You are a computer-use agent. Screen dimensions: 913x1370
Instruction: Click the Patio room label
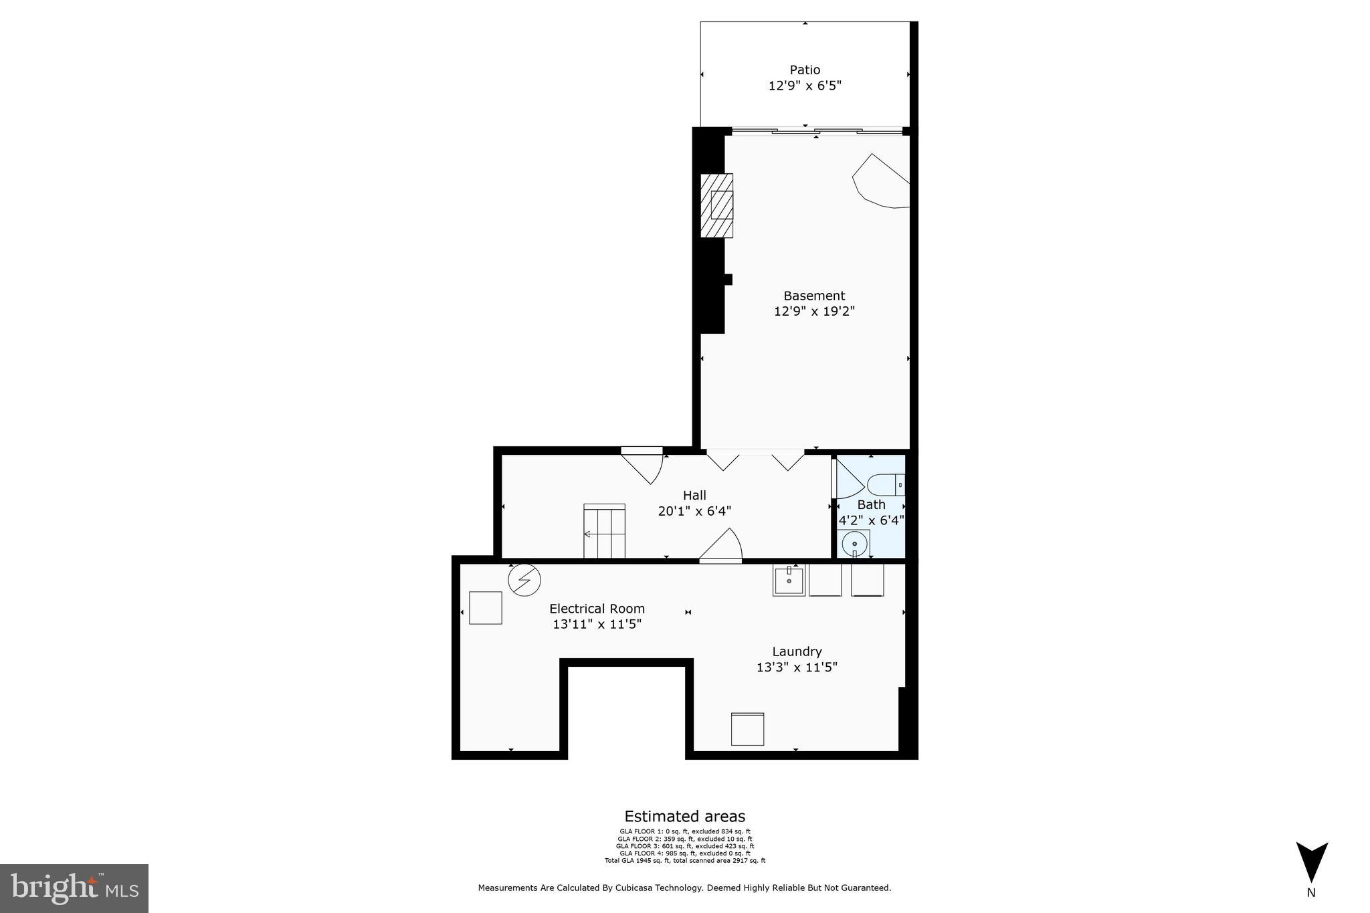click(804, 70)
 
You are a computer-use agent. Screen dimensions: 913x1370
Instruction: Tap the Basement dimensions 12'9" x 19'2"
click(814, 311)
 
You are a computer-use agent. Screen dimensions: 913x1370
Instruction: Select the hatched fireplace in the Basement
click(716, 205)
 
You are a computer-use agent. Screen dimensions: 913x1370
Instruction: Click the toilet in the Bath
click(885, 484)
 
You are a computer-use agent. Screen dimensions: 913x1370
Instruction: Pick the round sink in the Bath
click(854, 544)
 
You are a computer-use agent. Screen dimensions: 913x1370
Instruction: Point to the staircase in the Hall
click(604, 531)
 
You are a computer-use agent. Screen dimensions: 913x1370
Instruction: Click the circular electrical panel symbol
click(524, 580)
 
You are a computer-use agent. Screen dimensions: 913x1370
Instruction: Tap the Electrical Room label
click(597, 609)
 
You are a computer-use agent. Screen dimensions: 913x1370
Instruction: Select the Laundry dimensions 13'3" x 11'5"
click(797, 667)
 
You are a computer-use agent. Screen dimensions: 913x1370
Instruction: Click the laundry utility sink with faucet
click(789, 580)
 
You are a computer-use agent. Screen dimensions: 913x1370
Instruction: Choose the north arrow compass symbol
click(1311, 863)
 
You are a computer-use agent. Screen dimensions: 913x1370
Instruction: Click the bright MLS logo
click(74, 888)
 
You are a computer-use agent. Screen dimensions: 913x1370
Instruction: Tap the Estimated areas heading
click(684, 816)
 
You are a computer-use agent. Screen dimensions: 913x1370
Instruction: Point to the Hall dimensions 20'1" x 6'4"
click(694, 511)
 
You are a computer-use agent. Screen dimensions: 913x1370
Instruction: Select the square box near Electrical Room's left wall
click(485, 607)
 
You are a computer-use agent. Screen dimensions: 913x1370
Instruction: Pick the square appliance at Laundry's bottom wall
click(747, 729)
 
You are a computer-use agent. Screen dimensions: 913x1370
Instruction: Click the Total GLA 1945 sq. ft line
click(684, 861)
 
